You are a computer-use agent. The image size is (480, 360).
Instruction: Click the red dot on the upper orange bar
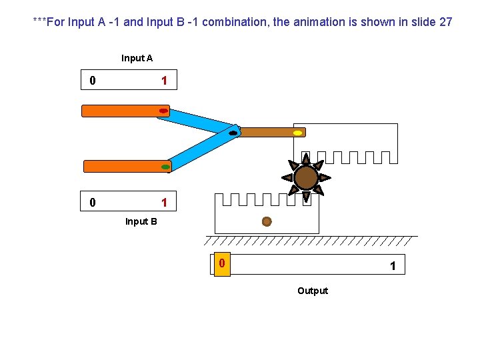pos(163,111)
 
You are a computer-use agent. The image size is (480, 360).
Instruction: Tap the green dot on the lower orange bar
pos(165,167)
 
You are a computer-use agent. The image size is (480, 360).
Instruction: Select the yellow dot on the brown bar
pos(297,133)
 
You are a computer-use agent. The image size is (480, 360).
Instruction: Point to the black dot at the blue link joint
pos(233,133)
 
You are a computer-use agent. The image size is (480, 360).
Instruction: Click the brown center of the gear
pos(306,177)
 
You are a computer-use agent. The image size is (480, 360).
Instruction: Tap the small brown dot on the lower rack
pos(267,221)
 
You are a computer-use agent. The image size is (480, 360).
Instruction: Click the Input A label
pos(137,58)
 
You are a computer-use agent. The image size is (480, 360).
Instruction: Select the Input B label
pos(141,221)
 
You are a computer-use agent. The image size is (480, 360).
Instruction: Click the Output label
pos(313,291)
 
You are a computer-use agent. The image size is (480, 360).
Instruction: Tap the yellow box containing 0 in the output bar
pos(222,265)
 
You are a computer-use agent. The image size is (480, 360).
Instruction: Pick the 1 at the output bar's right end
pos(393,266)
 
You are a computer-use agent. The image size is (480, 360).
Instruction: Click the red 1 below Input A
pos(164,81)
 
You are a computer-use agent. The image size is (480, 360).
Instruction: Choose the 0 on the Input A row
pos(92,81)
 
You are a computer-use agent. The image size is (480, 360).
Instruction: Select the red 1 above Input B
pos(164,202)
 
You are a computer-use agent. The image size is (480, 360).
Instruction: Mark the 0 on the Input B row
pos(92,202)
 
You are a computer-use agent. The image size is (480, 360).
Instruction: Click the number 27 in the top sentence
pos(445,22)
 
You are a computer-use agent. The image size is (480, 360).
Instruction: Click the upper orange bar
pos(120,111)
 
